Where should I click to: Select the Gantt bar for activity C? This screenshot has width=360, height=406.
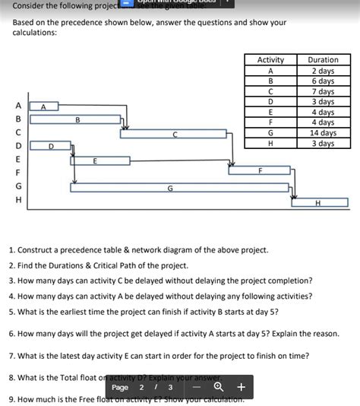point(174,134)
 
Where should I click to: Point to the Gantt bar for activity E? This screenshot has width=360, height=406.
point(95,160)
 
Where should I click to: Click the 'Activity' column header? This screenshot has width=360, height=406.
point(270,60)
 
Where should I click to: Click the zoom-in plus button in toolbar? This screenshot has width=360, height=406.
point(241,387)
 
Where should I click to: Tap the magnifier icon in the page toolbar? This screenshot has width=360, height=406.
point(218,387)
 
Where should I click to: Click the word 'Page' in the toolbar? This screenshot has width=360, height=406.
point(121,387)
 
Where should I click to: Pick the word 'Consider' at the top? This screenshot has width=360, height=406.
point(31,5)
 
